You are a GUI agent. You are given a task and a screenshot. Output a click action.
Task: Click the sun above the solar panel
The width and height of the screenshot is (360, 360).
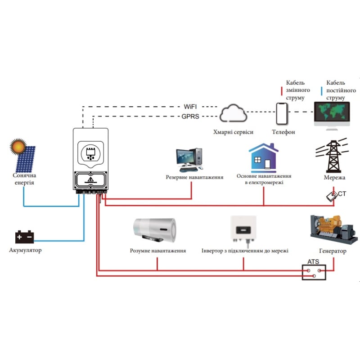pos(18,146)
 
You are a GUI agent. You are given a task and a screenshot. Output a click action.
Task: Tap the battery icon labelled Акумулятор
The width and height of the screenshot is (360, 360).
pos(25,237)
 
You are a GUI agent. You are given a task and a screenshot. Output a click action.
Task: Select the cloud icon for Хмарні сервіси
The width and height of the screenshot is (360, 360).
pos(233,113)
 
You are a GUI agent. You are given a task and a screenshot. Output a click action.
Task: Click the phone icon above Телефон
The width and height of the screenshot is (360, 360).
pos(282,114)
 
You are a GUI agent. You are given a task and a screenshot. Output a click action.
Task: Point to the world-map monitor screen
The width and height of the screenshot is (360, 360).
pos(332,112)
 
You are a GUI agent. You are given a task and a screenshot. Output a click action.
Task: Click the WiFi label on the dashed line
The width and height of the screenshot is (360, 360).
pos(190,107)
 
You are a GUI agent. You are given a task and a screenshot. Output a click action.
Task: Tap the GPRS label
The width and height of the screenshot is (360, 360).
pos(190,117)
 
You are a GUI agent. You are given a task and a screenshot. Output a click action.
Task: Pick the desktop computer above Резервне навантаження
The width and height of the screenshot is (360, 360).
pos(189,160)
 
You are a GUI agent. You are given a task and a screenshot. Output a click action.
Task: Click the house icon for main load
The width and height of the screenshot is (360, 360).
pos(264,158)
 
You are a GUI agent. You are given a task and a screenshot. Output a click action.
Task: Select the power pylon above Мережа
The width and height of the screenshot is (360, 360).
pos(333,156)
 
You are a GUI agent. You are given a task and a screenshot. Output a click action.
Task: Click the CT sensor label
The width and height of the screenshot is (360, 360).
pos(342,194)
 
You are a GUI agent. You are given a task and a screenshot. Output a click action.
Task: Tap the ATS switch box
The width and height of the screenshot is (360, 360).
pos(314,272)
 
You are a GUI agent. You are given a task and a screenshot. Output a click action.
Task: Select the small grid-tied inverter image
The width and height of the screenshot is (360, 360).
pos(243,229)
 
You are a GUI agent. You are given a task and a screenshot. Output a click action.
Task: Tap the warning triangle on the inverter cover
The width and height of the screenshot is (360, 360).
pos(91,179)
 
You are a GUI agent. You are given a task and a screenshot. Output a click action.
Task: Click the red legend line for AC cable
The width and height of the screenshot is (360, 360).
pos(282,91)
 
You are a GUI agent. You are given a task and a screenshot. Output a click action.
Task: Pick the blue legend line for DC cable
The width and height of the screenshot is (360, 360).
pos(322,91)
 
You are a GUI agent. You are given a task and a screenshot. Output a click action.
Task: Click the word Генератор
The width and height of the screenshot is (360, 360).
pos(333,251)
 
